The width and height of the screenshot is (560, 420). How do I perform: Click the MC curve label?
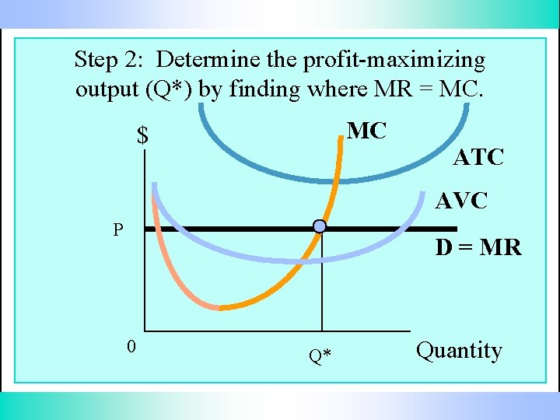pos(366,131)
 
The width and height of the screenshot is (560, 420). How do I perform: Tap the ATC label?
pos(478,157)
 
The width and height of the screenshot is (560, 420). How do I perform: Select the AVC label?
pos(461,201)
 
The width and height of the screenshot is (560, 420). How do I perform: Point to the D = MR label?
pos(478,247)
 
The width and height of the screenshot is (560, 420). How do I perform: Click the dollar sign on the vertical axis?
pos(142,136)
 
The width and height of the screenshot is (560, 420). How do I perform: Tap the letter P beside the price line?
pos(117,229)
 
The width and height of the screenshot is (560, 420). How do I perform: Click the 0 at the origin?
pos(132,346)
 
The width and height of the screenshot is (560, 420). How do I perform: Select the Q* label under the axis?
pos(320,356)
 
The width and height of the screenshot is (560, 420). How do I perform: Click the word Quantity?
pos(459,351)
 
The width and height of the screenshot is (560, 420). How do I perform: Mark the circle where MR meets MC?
pos(320,226)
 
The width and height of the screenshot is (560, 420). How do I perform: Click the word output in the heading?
pos(108,89)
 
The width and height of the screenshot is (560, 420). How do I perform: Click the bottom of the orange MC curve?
pos(222,308)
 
